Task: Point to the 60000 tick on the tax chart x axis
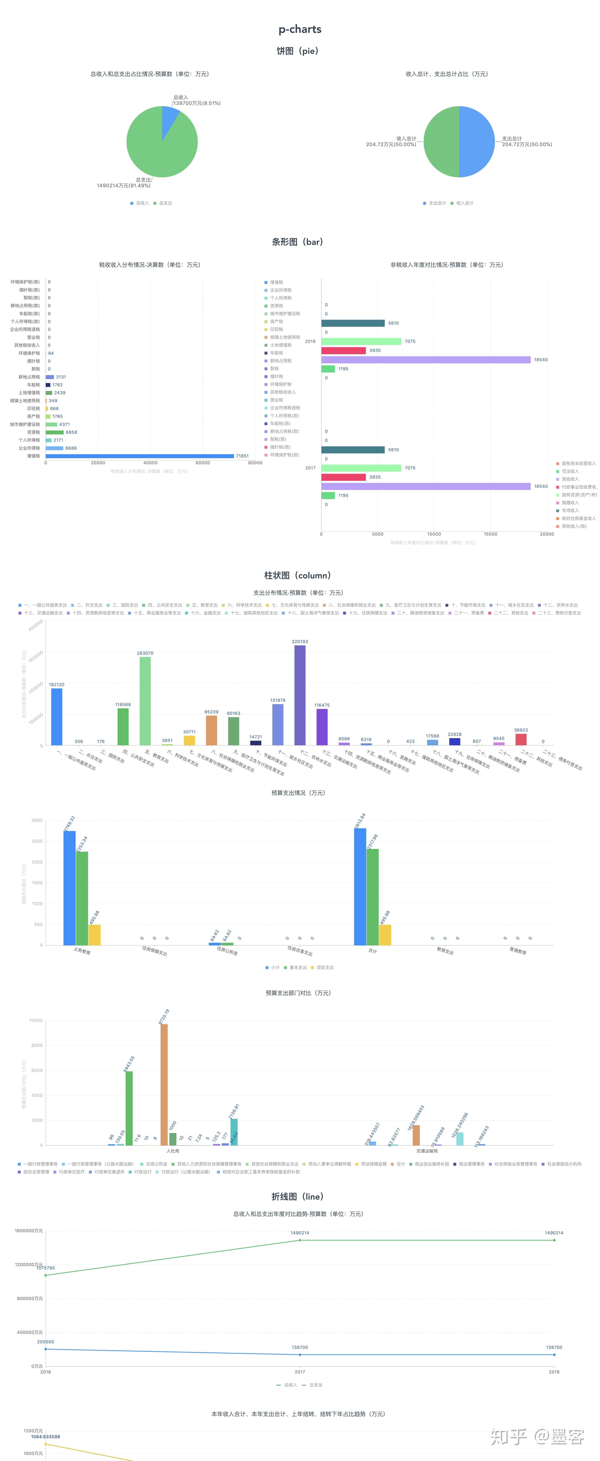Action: click(203, 463)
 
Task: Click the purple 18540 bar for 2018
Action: click(426, 360)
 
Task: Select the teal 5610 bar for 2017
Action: click(352, 450)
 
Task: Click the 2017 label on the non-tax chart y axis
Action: click(310, 468)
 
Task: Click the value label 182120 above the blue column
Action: click(57, 684)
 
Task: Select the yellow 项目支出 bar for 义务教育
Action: click(94, 935)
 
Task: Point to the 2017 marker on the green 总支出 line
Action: click(300, 1240)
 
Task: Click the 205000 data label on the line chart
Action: click(45, 1342)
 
